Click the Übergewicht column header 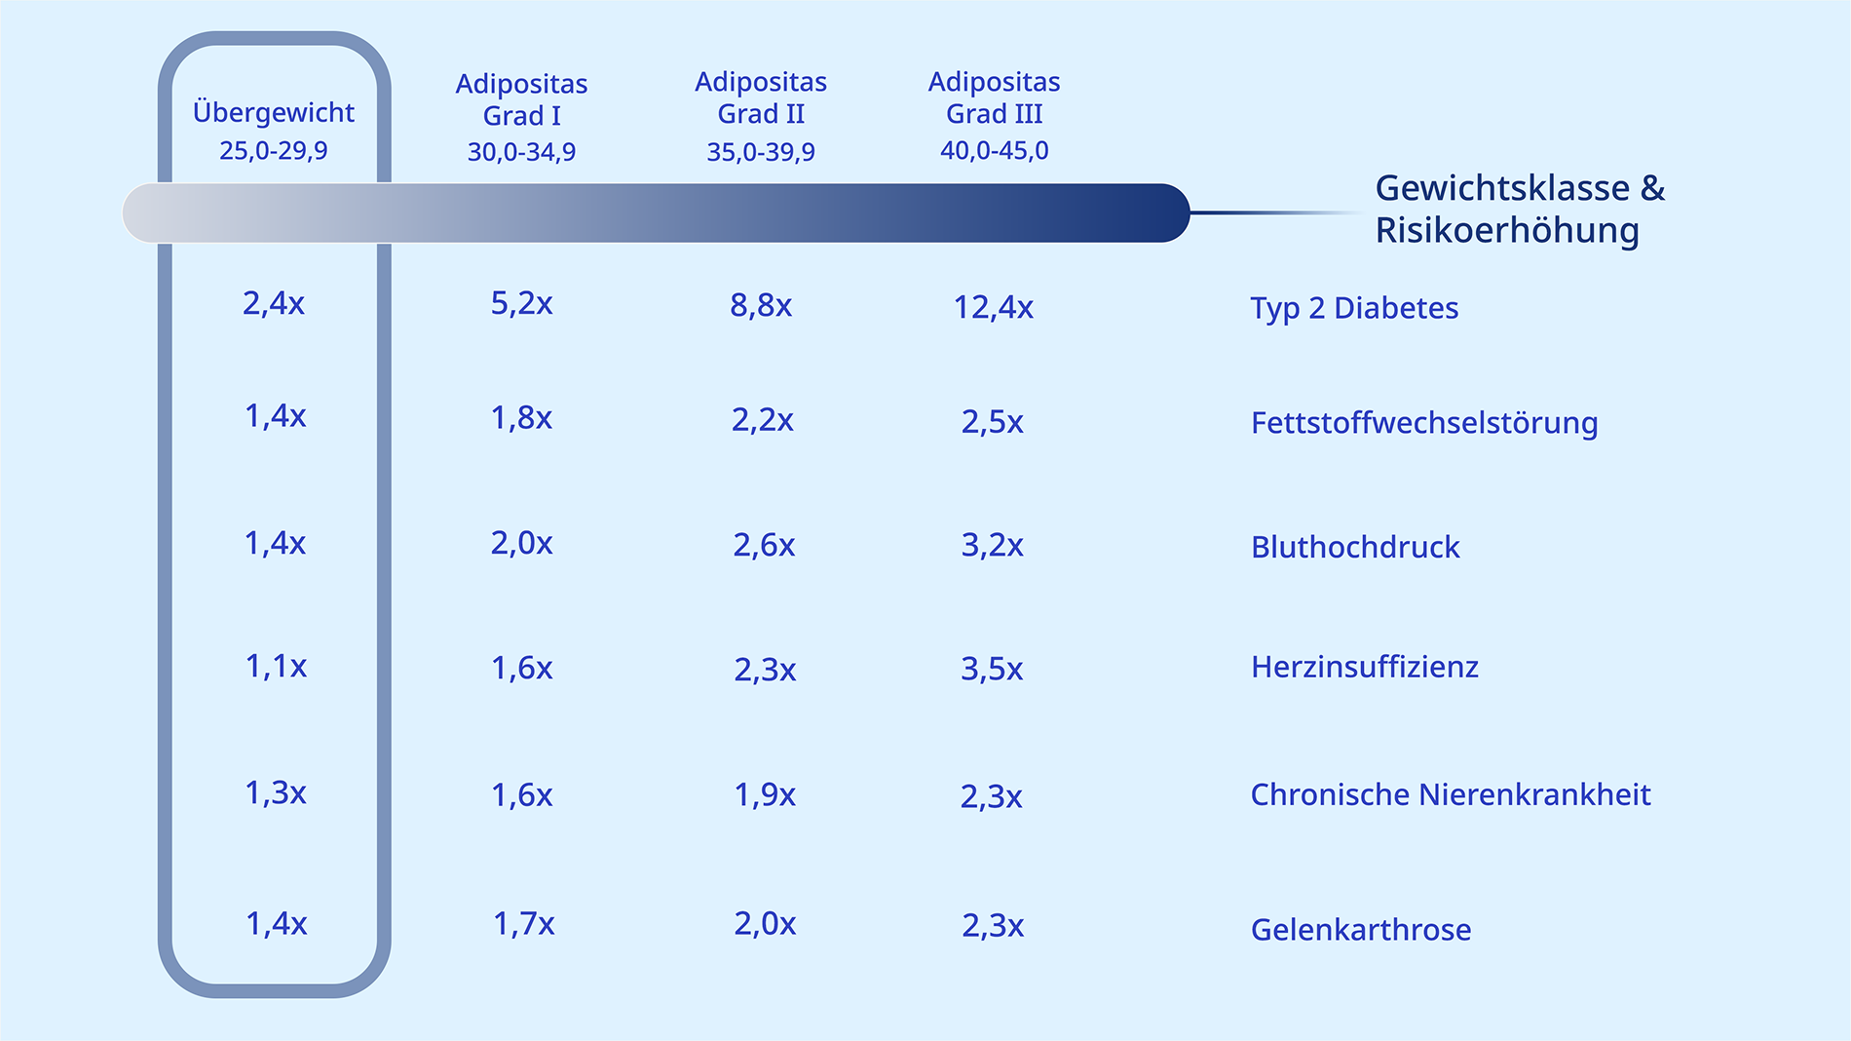(274, 112)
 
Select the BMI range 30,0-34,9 (521, 152)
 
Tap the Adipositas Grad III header (994, 97)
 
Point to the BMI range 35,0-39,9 (761, 152)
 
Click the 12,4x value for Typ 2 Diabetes (993, 307)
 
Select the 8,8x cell (761, 305)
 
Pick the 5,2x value (521, 303)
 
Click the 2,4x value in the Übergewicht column (274, 303)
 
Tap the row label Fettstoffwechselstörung (1424, 423)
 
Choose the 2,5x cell (992, 422)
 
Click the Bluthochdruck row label (1355, 547)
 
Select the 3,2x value (992, 545)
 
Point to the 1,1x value (276, 666)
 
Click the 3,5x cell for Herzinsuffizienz (992, 669)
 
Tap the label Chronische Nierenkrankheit (1451, 794)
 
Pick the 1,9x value (765, 794)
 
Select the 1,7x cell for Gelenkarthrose (523, 923)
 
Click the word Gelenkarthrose (1361, 929)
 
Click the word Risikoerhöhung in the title (1507, 231)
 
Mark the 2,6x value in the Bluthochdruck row (764, 545)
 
